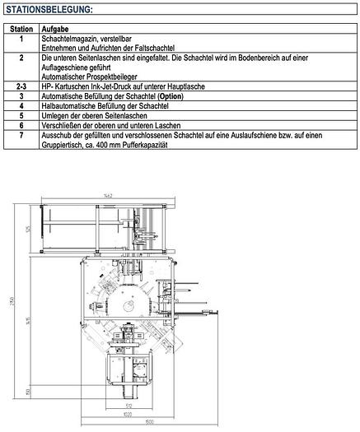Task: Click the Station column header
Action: [21, 28]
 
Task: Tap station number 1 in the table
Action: [21, 38]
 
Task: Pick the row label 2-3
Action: [21, 86]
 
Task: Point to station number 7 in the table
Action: [21, 136]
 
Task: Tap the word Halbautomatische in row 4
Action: [71, 106]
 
